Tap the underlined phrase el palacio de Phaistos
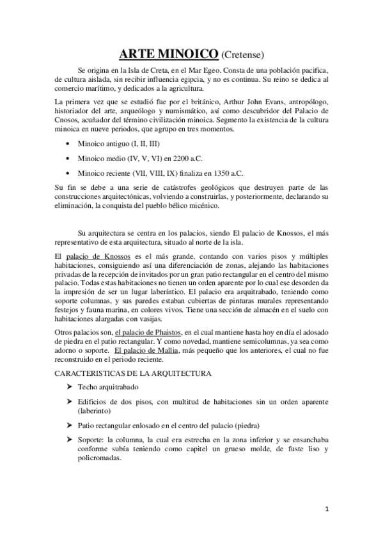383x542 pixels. point(148,332)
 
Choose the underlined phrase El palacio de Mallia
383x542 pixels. point(148,350)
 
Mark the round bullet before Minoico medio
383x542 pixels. point(68,159)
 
